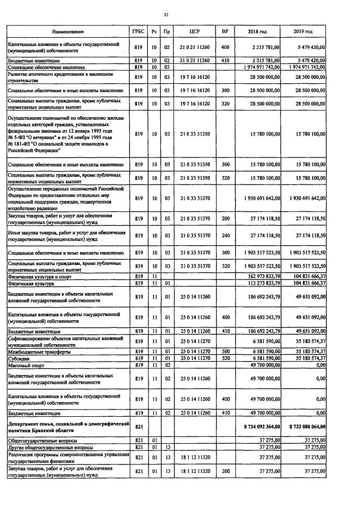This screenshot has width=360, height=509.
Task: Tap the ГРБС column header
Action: pyautogui.click(x=138, y=33)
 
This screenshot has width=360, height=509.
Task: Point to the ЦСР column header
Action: pyautogui.click(x=195, y=33)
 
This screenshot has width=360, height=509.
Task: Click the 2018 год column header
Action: pyautogui.click(x=258, y=33)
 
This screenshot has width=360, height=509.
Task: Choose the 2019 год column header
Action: pyautogui.click(x=303, y=33)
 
